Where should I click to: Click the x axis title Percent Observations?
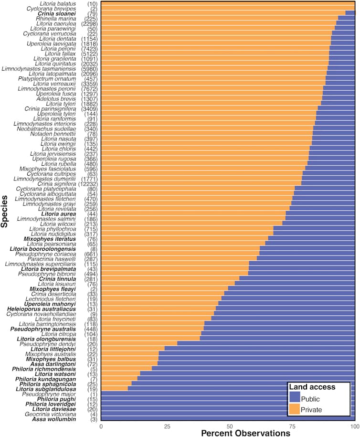pos(245,433)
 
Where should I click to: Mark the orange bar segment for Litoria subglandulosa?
pos(114,388)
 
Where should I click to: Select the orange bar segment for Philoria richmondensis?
pos(126,368)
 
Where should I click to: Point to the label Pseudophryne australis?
pos(43,329)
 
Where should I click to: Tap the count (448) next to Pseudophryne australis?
pos(91,329)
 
